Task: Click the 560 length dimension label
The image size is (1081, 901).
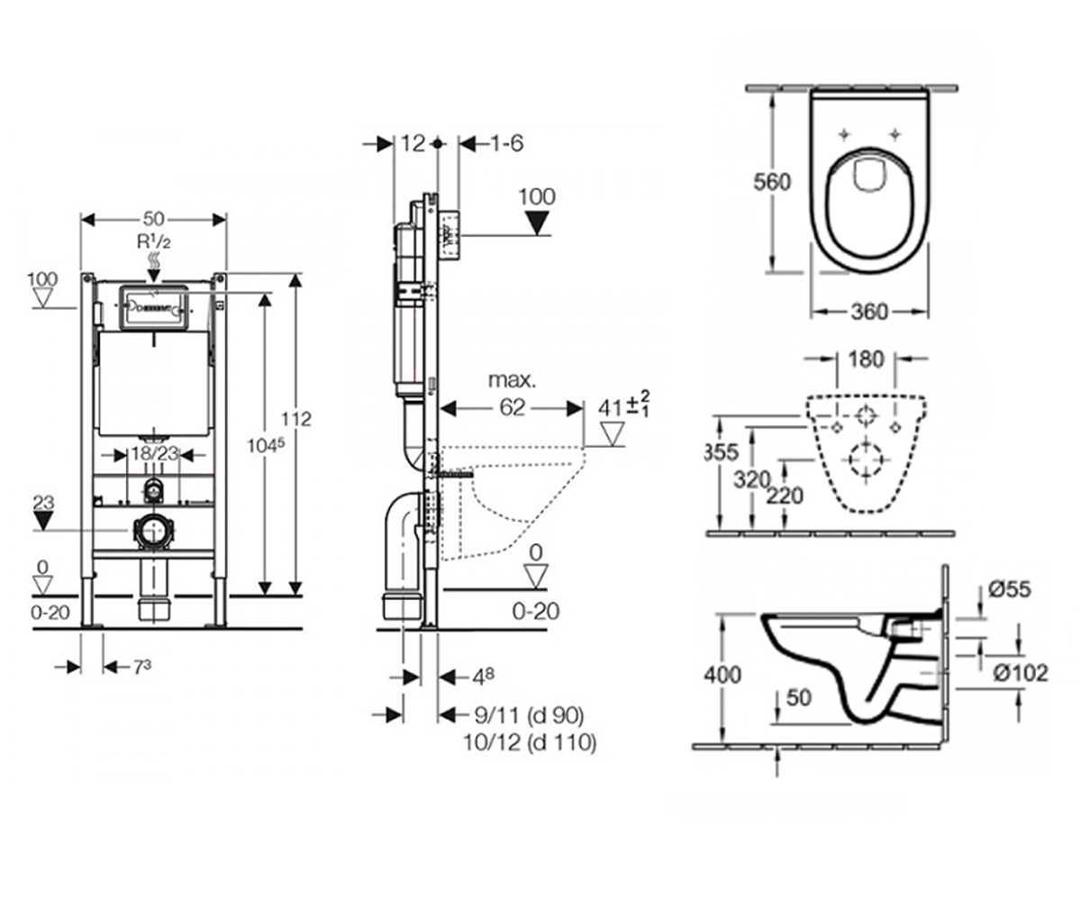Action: pos(772,182)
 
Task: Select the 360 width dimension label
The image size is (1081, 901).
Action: pos(870,312)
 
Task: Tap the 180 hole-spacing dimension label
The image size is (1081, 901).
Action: pos(867,359)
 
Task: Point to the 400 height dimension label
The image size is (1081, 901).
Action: pos(722,675)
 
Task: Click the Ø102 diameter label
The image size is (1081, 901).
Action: pos(1021,673)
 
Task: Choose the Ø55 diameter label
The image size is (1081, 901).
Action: pos(1010,589)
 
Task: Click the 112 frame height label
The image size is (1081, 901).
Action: pos(296,419)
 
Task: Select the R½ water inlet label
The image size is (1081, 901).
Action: pos(153,241)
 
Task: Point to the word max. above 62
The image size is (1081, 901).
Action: pos(512,380)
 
